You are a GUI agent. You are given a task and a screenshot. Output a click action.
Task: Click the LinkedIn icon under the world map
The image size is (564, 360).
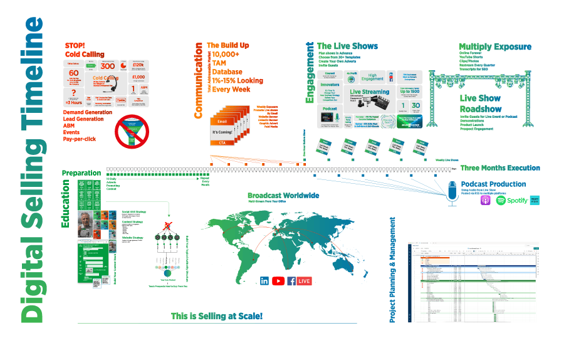[264, 281]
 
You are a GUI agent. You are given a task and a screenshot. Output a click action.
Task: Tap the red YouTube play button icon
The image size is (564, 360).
[278, 281]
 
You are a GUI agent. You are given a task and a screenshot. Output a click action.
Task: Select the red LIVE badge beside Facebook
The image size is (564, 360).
[305, 281]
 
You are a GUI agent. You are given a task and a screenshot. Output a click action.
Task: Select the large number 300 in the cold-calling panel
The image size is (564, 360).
[108, 65]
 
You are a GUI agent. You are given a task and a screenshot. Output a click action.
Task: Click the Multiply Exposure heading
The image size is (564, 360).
[494, 46]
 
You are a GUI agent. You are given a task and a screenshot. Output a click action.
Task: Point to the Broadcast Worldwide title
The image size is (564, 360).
[283, 195]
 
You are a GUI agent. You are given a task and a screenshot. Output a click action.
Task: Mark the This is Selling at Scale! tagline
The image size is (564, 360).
[217, 316]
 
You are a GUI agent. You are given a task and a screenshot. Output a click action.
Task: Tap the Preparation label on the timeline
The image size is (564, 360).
[81, 172]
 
